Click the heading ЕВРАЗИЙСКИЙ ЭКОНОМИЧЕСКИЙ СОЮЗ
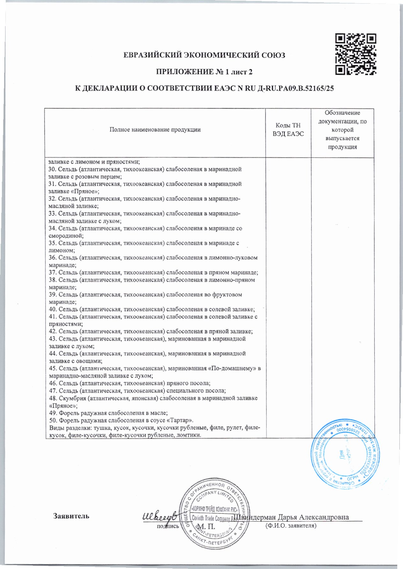click(204, 55)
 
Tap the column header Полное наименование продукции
click(155, 130)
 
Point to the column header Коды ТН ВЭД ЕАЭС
click(288, 130)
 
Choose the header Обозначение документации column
click(342, 130)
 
